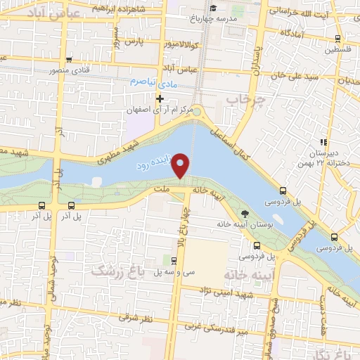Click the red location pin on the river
click(x=181, y=165)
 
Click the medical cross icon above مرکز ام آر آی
click(x=160, y=98)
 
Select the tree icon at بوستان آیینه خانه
click(x=245, y=213)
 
